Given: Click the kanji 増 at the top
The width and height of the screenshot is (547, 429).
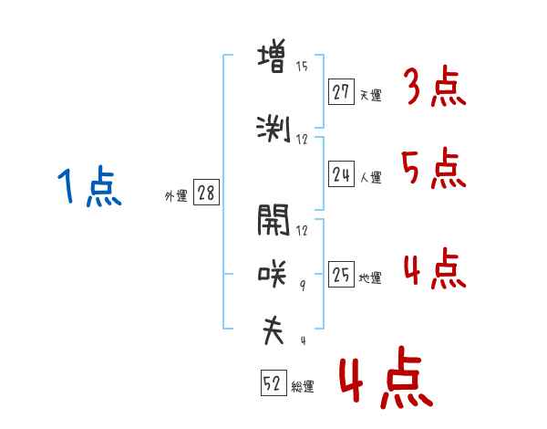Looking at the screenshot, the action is (x=272, y=56).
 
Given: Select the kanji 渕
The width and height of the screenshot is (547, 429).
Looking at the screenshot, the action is (x=273, y=130).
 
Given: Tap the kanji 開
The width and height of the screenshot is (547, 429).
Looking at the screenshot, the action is (x=273, y=220).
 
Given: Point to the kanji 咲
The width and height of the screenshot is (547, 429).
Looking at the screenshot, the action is (x=273, y=274).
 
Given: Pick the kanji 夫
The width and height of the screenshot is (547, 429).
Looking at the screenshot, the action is (x=273, y=330).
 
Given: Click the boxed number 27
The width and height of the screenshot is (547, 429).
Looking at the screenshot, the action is (x=341, y=92).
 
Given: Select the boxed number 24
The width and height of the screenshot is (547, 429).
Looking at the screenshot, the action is (x=341, y=174).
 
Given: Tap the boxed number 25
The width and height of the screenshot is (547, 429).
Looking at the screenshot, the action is (x=341, y=274).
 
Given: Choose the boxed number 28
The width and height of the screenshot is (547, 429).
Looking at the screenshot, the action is (x=206, y=193).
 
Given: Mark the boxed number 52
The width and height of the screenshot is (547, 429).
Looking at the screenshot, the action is (x=273, y=382).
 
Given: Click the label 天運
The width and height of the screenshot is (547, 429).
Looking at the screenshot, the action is (x=371, y=95).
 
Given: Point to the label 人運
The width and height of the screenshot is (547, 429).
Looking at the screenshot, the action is (x=371, y=177).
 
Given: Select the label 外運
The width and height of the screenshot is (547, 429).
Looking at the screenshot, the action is (x=176, y=196).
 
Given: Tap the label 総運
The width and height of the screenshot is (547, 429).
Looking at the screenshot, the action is (x=303, y=387).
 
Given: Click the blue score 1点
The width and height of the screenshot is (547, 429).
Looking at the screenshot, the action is (x=89, y=185).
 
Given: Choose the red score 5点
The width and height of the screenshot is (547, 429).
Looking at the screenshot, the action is (x=433, y=169).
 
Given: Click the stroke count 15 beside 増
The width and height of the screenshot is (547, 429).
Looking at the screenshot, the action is (x=302, y=67).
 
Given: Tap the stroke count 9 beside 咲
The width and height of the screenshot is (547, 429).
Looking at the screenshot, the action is (x=303, y=286).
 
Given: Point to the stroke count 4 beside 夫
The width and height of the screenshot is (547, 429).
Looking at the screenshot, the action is (x=304, y=340).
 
